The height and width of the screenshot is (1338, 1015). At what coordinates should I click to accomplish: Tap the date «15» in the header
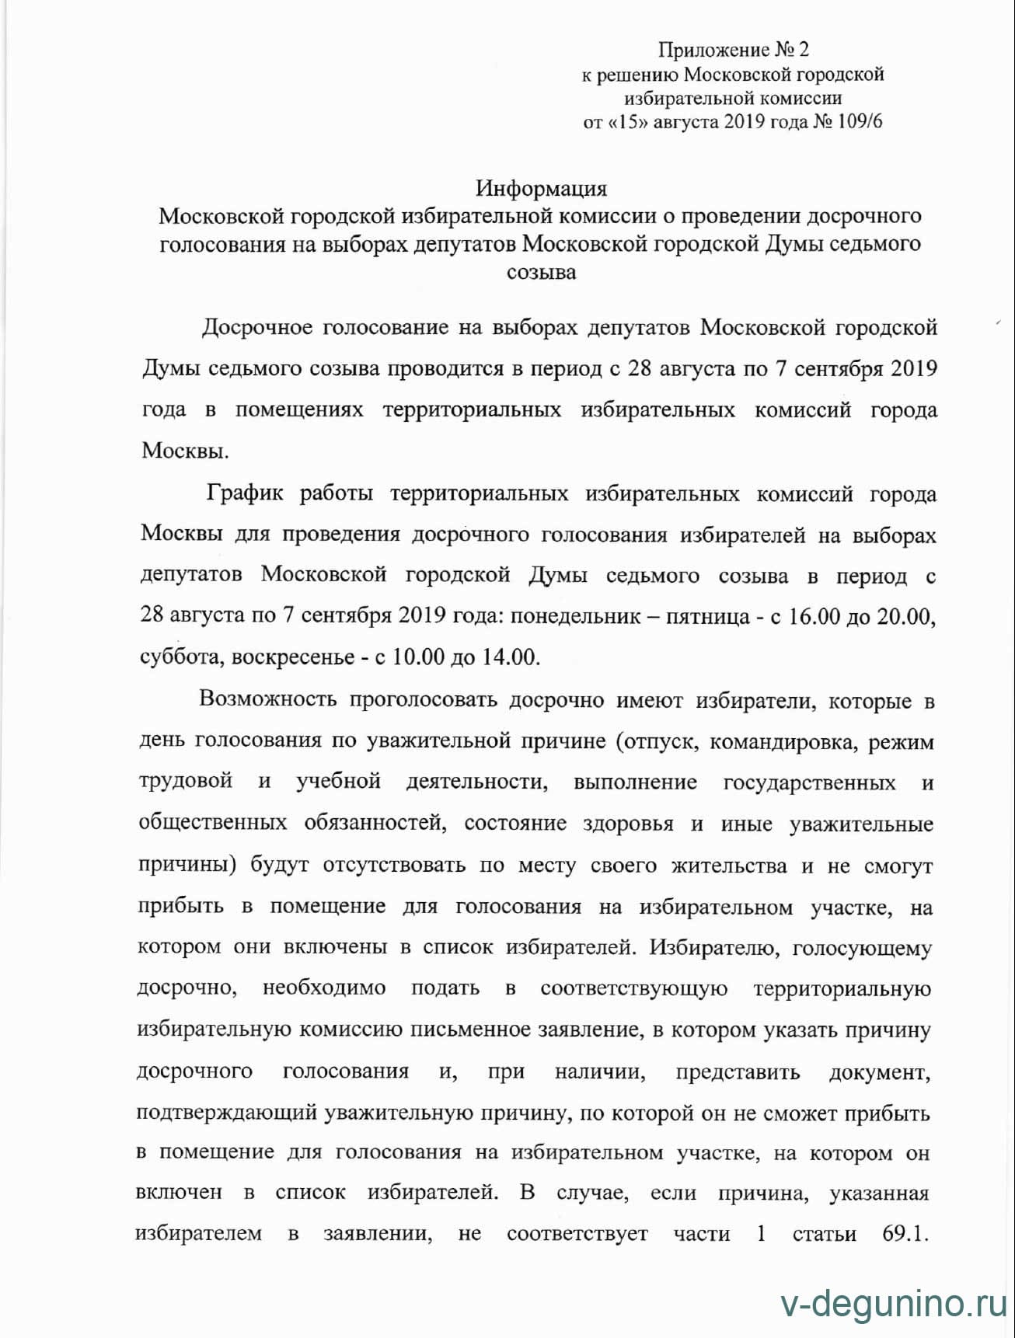[629, 122]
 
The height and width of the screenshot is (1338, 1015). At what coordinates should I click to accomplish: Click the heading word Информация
[541, 189]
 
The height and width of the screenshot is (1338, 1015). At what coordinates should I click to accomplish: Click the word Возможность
[267, 699]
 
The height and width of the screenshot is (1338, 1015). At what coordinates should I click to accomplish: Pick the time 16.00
[814, 616]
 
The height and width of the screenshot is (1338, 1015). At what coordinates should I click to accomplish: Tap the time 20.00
[904, 616]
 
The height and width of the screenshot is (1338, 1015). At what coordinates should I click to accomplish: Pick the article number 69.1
[906, 1234]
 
